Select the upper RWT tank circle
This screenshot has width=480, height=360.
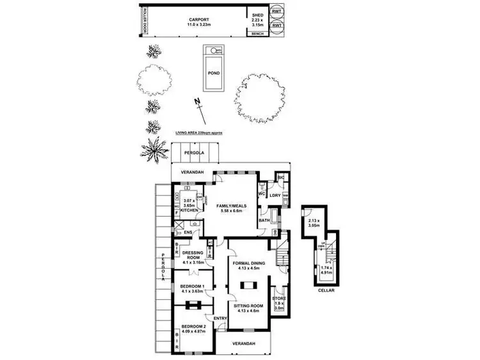click(x=277, y=12)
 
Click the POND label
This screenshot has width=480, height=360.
click(x=213, y=73)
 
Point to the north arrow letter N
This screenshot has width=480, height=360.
click(x=198, y=102)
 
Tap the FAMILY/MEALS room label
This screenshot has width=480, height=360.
click(x=236, y=206)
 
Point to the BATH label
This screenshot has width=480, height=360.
click(x=264, y=221)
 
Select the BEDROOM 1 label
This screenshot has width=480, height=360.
click(x=192, y=286)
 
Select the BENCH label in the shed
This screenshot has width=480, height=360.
click(x=257, y=33)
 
